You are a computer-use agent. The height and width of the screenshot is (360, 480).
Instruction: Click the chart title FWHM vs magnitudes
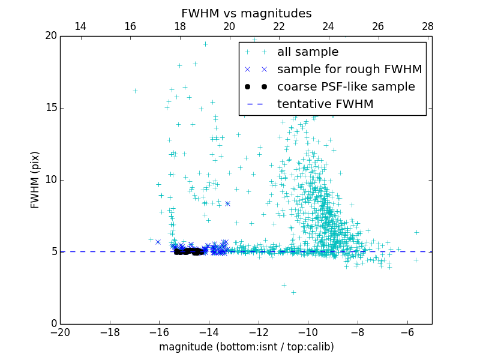pos(246,13)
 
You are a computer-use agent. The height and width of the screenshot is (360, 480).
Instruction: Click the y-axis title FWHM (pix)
pos(35,179)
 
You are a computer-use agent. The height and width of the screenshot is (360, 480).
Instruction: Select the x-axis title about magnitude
pos(246,347)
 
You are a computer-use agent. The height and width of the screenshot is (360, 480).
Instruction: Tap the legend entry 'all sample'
pos(308,52)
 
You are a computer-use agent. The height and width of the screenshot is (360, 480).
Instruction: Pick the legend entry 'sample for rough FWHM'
pos(349,70)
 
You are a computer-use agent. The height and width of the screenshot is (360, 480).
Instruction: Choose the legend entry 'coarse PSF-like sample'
pos(346,87)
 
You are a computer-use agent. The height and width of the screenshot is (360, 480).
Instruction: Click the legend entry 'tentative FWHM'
pos(325,104)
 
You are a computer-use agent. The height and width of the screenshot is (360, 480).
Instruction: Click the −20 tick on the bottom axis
pos(60,332)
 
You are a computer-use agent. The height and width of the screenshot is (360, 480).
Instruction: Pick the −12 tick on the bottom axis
pos(259,332)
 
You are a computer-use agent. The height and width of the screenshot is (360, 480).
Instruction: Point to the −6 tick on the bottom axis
pos(407,332)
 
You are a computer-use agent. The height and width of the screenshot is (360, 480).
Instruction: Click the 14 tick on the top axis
pos(80,26)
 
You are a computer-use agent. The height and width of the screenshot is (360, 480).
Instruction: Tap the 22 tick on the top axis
pos(278,26)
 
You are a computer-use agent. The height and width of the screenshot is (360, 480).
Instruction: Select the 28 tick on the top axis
pos(427,26)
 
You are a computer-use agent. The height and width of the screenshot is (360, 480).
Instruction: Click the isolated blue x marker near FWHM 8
pos(227,203)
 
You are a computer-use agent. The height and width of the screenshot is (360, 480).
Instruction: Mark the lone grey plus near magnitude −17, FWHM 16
pos(135,91)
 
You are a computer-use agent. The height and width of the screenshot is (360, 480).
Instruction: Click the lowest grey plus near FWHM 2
pos(293,292)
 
